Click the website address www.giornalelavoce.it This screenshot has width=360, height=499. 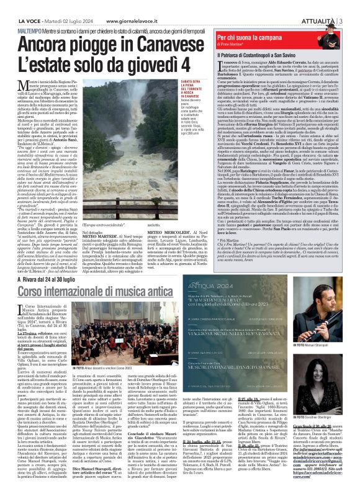click(143, 7)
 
